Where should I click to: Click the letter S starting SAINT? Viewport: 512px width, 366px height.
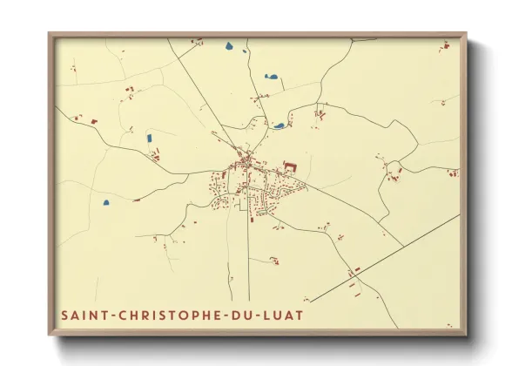coord(64,312)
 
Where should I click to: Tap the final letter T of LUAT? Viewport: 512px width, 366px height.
coord(301,312)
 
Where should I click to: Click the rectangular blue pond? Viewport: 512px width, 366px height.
coord(147,137)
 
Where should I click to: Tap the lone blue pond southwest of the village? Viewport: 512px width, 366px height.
coord(106,203)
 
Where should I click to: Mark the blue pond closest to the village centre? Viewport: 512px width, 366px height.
coord(279,125)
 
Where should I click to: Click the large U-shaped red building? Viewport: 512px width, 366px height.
coord(289,163)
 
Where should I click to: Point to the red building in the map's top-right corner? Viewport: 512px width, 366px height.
coord(445,44)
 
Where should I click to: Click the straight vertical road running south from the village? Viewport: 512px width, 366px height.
coord(248,253)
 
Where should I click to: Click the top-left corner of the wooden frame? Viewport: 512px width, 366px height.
coord(50,34)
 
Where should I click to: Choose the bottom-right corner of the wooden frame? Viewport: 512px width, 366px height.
coord(466,335)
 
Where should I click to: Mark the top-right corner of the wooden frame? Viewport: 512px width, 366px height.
coord(466,34)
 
